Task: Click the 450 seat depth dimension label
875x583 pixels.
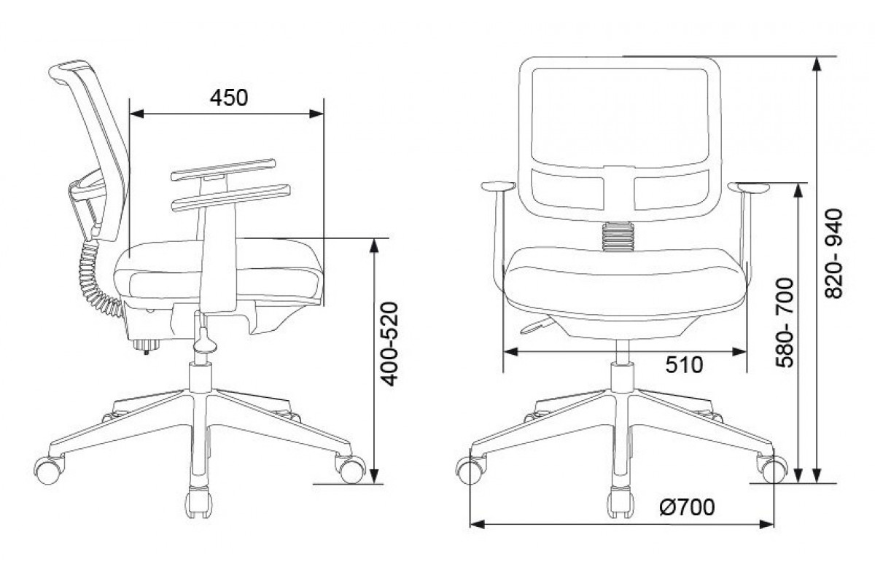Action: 229,98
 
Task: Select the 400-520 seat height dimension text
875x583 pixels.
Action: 389,344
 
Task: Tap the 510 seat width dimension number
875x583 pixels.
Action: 684,365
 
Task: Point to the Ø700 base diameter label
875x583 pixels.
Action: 687,507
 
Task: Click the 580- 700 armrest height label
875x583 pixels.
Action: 785,323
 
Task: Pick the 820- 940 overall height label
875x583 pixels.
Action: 834,254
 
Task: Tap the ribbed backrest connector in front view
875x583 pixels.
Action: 618,237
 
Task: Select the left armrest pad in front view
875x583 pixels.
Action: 498,187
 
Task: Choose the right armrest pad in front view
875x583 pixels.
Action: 748,188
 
